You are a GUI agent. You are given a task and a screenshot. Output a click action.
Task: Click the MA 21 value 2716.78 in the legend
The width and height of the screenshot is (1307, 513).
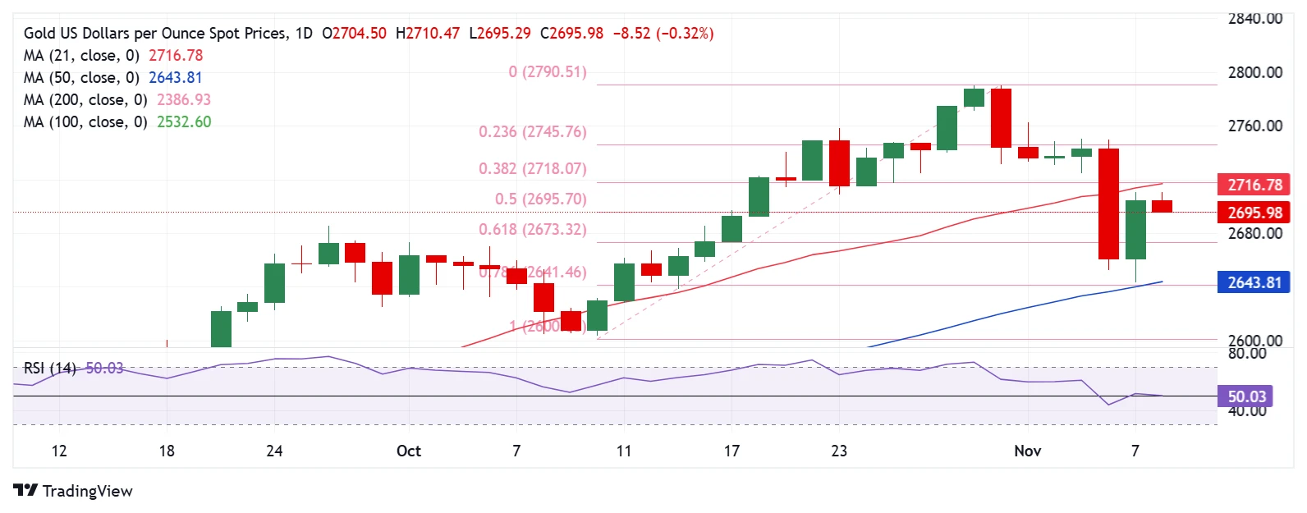tap(176, 56)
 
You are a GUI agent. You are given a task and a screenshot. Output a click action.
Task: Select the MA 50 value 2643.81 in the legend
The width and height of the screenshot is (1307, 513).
tap(175, 78)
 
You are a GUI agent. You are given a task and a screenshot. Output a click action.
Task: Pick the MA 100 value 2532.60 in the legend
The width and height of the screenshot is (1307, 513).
tap(184, 122)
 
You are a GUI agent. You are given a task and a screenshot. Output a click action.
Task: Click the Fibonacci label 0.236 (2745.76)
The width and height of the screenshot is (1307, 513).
tap(532, 132)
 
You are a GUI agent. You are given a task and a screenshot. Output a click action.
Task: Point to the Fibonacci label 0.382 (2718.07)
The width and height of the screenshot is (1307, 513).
tap(532, 169)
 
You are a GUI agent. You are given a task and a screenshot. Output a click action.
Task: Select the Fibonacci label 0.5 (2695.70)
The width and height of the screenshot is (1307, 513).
tap(540, 199)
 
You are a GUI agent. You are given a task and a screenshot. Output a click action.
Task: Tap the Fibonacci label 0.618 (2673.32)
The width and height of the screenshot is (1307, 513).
tap(532, 230)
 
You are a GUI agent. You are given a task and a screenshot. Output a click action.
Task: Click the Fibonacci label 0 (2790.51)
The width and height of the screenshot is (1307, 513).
tap(548, 72)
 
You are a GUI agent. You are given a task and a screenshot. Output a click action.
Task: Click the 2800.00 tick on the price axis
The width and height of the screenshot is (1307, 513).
tap(1254, 73)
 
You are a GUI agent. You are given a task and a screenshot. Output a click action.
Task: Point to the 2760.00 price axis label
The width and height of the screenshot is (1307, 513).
tap(1254, 126)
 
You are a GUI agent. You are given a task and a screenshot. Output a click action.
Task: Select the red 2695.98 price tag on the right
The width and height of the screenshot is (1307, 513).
tap(1254, 213)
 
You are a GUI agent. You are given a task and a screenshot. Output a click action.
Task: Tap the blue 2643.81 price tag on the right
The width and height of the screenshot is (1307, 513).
tap(1254, 283)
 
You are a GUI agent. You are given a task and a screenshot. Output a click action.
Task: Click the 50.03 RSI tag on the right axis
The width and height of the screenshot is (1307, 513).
tap(1246, 397)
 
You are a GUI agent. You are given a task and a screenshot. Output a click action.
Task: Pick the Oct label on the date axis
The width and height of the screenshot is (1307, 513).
tap(408, 451)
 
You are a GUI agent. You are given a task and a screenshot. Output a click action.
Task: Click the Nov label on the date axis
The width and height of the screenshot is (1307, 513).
tap(1027, 451)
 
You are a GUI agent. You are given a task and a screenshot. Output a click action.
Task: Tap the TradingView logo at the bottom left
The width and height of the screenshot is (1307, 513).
tap(73, 491)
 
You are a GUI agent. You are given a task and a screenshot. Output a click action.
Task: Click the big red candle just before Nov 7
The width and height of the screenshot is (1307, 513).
tap(1108, 204)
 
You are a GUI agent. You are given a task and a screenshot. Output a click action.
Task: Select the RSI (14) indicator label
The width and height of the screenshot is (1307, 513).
tap(49, 369)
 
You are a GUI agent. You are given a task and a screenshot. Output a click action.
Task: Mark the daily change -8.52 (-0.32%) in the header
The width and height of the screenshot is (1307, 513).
tap(663, 34)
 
